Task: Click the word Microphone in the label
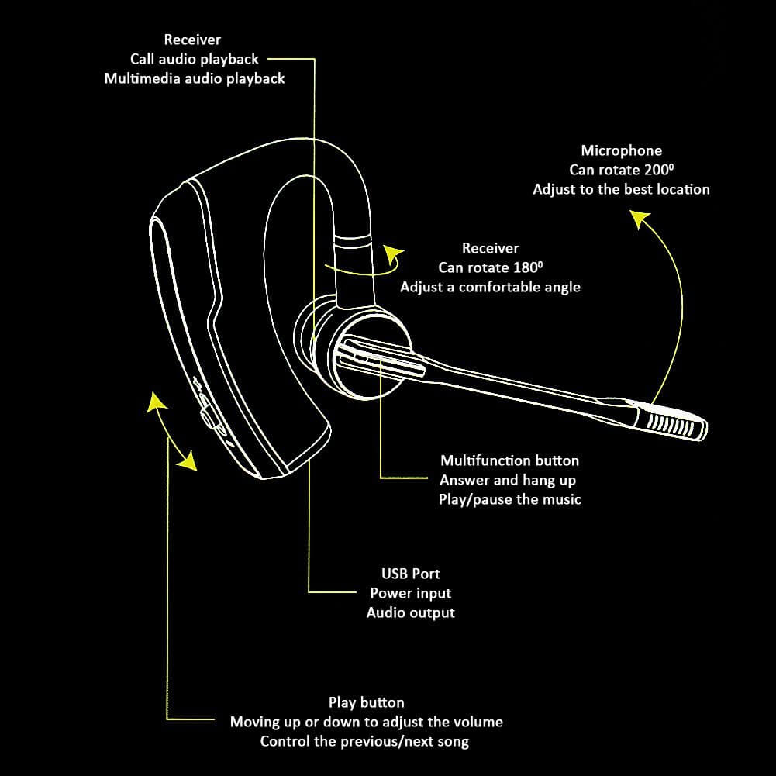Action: pos(621,150)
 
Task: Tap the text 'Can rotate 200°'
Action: pos(621,170)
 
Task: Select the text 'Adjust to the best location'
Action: pos(621,189)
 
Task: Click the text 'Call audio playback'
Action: pos(194,59)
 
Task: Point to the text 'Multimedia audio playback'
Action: pos(194,78)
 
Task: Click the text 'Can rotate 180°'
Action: pos(490,267)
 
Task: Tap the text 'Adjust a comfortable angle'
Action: pos(490,287)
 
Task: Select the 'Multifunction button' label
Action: pos(509,460)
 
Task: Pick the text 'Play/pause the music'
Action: pos(509,499)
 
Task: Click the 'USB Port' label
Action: pos(410,574)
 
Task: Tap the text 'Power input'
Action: pos(410,593)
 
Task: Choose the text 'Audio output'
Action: pos(410,612)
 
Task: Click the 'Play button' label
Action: pos(366,702)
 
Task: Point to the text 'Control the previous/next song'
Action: pos(364,741)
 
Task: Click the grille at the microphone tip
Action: pos(670,422)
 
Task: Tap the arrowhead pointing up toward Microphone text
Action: pos(638,220)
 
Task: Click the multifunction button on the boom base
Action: pos(380,358)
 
